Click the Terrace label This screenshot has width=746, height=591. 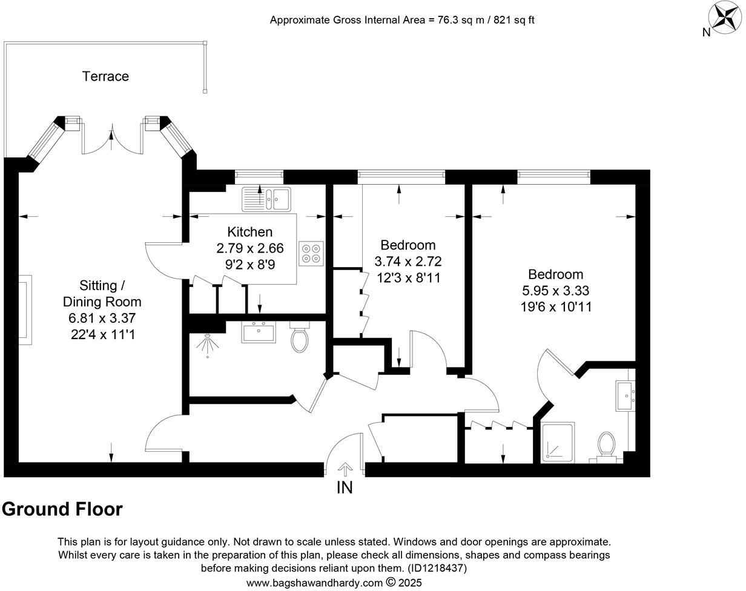[105, 76]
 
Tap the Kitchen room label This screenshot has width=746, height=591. [249, 232]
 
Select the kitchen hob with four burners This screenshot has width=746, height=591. [311, 253]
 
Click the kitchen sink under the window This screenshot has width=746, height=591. [266, 199]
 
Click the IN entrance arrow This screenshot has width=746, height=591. [345, 469]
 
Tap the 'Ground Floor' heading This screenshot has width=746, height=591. [62, 509]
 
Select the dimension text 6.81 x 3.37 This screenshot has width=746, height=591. [102, 318]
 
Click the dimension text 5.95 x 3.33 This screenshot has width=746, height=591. [556, 291]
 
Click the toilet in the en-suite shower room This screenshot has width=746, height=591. [606, 445]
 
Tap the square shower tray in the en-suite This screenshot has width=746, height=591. [558, 443]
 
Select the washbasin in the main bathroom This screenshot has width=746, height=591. [259, 332]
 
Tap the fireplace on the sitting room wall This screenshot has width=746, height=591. [24, 308]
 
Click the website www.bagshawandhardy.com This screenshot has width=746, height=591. [314, 583]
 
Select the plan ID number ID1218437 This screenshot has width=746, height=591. [437, 569]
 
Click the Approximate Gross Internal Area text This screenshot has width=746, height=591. [401, 20]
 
